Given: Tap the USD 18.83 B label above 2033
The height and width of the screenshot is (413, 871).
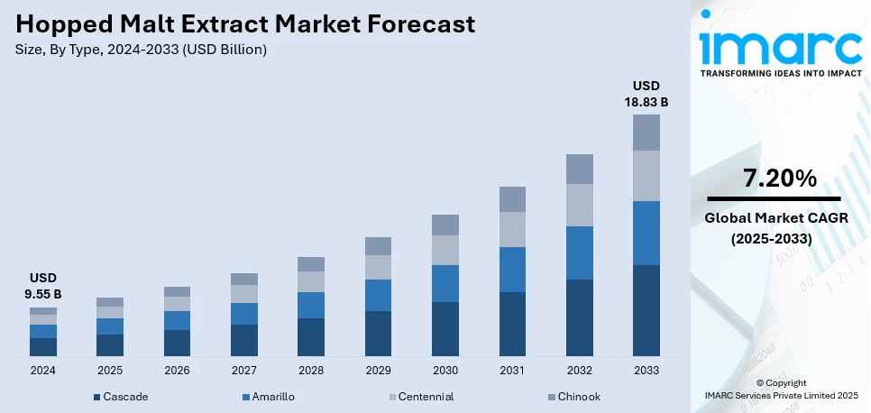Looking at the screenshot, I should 646,94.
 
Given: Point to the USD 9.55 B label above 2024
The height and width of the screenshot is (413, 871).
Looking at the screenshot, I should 42,286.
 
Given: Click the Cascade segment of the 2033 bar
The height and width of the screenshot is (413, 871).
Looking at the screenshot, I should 646,310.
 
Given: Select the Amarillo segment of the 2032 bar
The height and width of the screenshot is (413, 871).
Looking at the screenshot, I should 579,252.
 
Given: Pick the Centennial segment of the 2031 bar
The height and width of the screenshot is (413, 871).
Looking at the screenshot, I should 512,229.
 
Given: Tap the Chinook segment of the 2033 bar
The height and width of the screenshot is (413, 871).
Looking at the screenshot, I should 646,133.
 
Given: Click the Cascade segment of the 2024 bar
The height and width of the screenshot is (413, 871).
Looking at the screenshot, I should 42,347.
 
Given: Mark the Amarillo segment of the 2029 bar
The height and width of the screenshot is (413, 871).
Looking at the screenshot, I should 378,295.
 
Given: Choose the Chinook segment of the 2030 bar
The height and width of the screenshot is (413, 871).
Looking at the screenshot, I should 445,225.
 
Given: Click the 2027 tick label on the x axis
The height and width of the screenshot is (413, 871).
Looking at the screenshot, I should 243,371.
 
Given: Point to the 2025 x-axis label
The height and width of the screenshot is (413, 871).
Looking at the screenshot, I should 110,371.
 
